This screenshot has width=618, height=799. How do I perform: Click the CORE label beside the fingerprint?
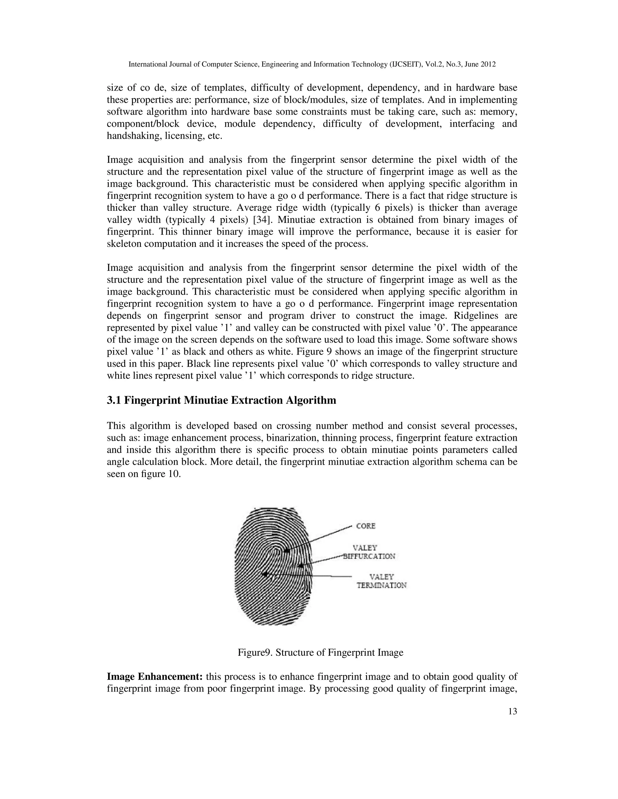click(366, 526)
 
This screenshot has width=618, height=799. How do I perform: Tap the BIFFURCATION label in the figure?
click(369, 557)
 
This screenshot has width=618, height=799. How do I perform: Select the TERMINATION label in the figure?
click(381, 585)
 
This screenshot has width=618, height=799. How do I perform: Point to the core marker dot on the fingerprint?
click(287, 550)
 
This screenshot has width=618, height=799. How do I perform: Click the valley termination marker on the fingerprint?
click(264, 574)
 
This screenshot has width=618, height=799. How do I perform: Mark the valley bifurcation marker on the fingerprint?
click(301, 566)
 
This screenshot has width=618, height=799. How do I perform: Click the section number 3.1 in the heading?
click(114, 400)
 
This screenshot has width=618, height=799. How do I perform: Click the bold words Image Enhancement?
click(155, 677)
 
